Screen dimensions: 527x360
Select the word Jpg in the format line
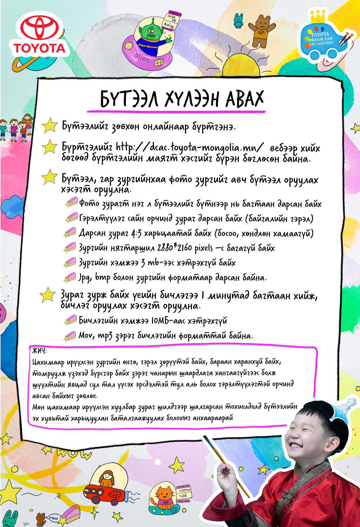pos(84,278)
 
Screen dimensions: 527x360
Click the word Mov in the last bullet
pos(86,336)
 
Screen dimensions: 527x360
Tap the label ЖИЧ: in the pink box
pos(39,351)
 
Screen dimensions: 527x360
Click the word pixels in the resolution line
pos(202,248)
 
